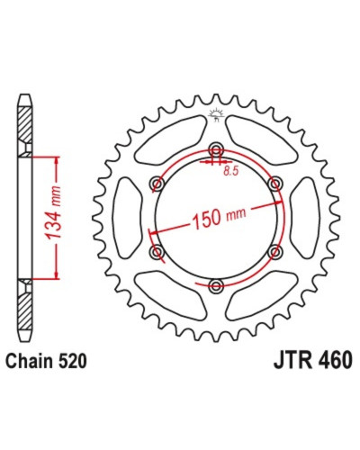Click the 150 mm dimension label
coord(219,217)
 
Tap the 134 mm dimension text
coord(52,212)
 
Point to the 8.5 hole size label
coord(230,171)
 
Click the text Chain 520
coord(47,361)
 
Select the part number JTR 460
coord(312,360)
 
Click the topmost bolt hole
coord(216,148)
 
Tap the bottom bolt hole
coord(216,285)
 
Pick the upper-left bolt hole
coord(157,183)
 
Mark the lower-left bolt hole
coord(157,251)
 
